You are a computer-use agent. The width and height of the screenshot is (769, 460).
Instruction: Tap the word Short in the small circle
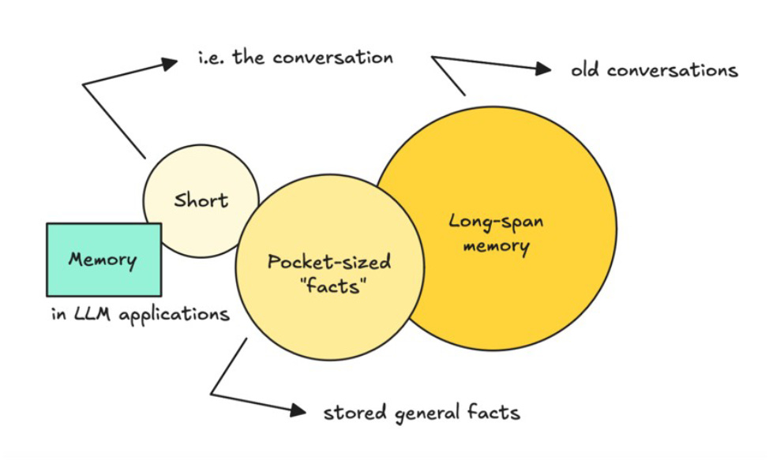click(201, 200)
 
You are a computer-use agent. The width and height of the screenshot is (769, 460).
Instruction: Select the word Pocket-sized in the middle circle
click(329, 263)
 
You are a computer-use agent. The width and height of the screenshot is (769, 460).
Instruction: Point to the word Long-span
click(496, 221)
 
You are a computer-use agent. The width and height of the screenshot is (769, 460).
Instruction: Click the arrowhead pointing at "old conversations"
click(543, 69)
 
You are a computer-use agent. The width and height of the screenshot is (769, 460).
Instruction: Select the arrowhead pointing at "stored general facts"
click(298, 410)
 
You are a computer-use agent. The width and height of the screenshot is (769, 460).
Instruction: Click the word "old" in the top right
click(586, 70)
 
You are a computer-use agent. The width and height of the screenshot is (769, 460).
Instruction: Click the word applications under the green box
click(170, 315)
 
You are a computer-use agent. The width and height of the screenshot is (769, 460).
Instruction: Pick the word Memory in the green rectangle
click(103, 260)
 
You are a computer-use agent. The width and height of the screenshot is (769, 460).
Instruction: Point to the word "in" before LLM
click(58, 314)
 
